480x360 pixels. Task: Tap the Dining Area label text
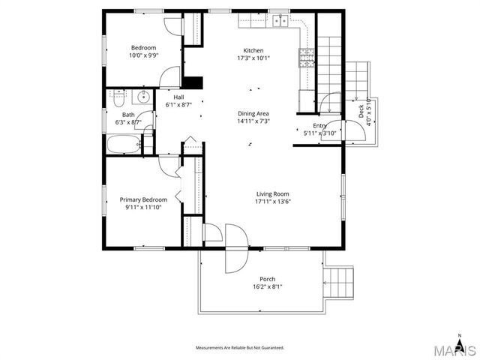(253, 112)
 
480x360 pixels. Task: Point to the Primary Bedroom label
(142, 199)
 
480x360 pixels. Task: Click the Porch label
(267, 279)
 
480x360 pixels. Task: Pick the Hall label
(178, 97)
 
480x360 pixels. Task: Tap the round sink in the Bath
(142, 97)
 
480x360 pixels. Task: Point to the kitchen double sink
(280, 21)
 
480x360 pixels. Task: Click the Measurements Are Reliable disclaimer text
(240, 348)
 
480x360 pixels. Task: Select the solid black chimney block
(193, 82)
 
